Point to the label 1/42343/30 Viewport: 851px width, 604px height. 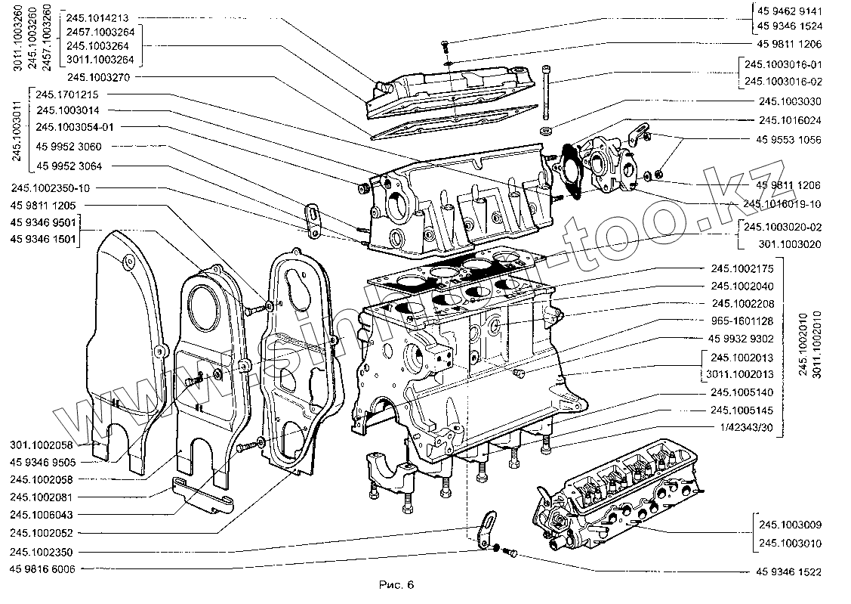[x=744, y=428]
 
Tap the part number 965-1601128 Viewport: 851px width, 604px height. [x=744, y=321]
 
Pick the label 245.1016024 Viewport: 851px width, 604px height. [x=790, y=120]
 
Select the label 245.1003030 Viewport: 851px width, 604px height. [x=790, y=101]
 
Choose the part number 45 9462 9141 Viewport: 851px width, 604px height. [x=789, y=11]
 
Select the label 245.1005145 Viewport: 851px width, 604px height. [x=744, y=410]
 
